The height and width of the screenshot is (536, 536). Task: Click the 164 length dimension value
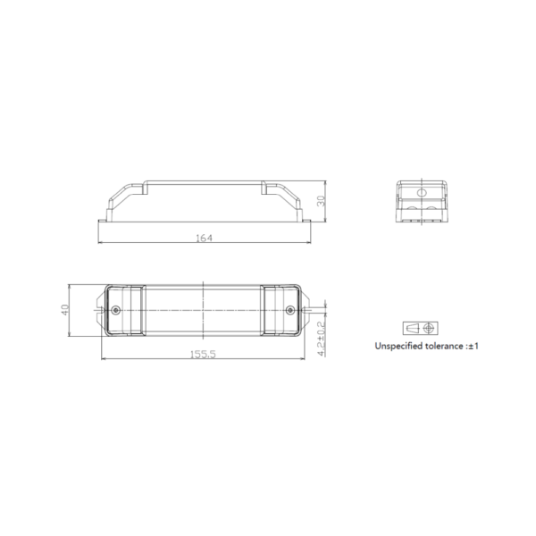204,238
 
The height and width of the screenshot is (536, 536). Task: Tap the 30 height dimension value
321,201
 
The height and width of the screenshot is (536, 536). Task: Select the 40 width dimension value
65,310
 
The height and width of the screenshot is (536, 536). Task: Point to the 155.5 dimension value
203,354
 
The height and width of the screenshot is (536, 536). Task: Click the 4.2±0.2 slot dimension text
321,339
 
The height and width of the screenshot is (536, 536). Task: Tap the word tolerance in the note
444,346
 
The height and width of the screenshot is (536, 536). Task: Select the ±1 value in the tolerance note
473,346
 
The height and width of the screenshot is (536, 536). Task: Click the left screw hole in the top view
116,310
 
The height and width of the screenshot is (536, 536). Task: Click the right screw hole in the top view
289,310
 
